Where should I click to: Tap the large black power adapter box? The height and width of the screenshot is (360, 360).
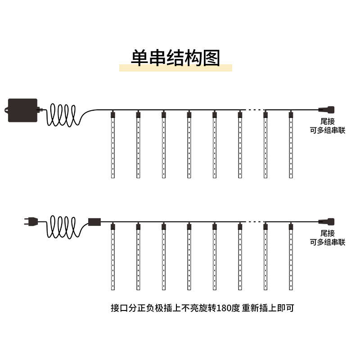coord(22,110)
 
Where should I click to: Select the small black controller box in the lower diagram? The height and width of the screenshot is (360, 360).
coord(94,221)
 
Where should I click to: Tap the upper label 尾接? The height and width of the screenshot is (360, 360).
coord(328,121)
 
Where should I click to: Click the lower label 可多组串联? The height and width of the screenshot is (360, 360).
coord(328,242)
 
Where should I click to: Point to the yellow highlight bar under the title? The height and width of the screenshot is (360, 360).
coord(175,68)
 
